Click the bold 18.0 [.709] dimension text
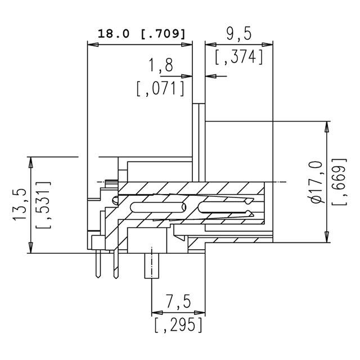pos(141,34)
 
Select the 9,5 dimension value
pos(238,34)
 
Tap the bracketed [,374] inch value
pos(239,57)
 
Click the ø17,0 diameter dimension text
pos(317,182)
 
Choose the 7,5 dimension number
pos(177,303)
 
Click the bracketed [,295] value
pos(177,325)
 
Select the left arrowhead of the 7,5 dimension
pos(156,314)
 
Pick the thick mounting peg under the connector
pos(152,267)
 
